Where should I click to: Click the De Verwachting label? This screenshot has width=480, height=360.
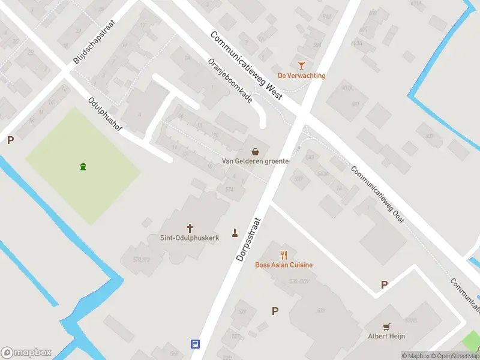pyautogui.click(x=301, y=76)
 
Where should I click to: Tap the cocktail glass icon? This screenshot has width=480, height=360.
pyautogui.click(x=301, y=65)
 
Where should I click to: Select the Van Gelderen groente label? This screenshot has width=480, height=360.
pyautogui.click(x=255, y=161)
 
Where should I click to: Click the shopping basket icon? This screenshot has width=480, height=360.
pyautogui.click(x=256, y=151)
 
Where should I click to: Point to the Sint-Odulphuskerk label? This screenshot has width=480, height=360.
pyautogui.click(x=190, y=238)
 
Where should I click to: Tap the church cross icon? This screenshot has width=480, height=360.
pyautogui.click(x=190, y=228)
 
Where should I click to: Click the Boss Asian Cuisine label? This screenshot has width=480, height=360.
pyautogui.click(x=284, y=265)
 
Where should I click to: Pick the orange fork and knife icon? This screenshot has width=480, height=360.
pyautogui.click(x=284, y=255)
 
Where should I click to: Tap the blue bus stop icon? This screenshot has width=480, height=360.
pyautogui.click(x=195, y=344)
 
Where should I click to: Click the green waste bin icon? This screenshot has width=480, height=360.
pyautogui.click(x=82, y=166)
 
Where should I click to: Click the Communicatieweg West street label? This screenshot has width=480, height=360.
pyautogui.click(x=246, y=65)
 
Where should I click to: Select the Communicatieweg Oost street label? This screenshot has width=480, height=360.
pyautogui.click(x=378, y=195)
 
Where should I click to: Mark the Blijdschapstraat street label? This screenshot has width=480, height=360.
pyautogui.click(x=94, y=41)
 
